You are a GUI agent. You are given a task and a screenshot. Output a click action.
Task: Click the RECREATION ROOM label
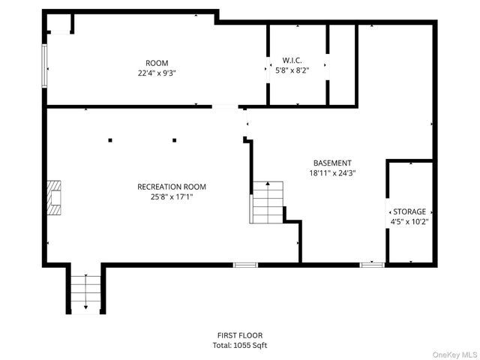[x=171, y=187]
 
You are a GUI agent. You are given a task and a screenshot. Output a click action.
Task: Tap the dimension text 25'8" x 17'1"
[x=171, y=197]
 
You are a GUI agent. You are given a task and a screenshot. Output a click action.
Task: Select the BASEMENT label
[x=331, y=163]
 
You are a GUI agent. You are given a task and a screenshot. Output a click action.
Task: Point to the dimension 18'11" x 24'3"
[x=331, y=172]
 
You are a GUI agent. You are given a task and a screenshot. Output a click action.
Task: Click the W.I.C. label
[x=292, y=60]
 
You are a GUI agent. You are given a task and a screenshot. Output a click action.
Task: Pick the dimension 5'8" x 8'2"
[x=292, y=70]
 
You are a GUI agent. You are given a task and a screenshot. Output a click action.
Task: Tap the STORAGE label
[x=409, y=212]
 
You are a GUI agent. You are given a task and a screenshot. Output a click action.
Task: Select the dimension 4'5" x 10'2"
[x=409, y=222]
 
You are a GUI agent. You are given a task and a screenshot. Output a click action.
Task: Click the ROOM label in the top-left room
[x=157, y=63]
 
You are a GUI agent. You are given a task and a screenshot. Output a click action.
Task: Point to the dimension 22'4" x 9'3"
[x=157, y=73]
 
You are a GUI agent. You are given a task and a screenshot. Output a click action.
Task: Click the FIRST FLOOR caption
[x=239, y=335]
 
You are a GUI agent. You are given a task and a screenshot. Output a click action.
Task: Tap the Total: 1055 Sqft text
[x=239, y=346]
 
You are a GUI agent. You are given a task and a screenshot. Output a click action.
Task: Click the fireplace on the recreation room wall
[x=53, y=197]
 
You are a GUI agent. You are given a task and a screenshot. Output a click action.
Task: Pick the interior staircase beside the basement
[x=266, y=202]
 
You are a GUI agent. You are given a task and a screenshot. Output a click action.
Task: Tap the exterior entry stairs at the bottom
[x=85, y=292]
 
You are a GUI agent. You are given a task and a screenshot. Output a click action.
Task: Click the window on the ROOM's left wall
[x=45, y=65]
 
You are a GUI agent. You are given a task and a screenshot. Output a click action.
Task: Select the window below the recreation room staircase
[x=245, y=265]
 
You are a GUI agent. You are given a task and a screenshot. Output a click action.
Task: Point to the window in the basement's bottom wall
[x=372, y=265]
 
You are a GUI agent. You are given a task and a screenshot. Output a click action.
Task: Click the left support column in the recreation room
[x=109, y=140]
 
